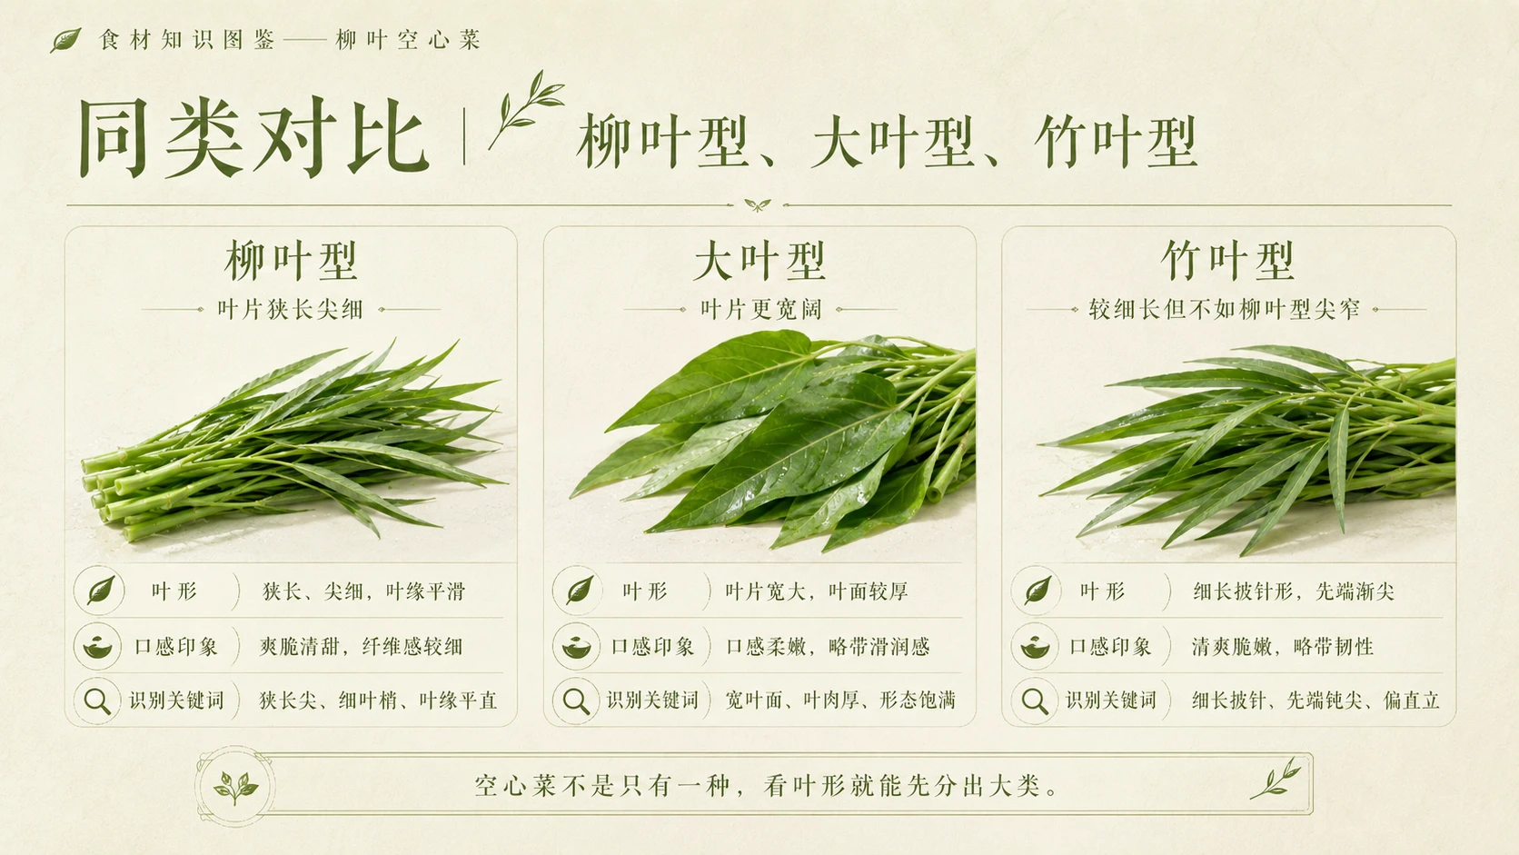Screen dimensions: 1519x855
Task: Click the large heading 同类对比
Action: (x=253, y=137)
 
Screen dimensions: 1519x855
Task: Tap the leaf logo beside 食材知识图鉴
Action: (x=65, y=40)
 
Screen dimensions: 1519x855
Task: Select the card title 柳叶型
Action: (x=291, y=261)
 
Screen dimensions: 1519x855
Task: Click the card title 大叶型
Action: (x=759, y=261)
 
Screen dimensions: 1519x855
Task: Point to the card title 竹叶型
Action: (x=1228, y=261)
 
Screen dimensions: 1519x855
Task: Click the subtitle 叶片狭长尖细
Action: (x=290, y=309)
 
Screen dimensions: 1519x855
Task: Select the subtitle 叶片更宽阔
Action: (x=760, y=309)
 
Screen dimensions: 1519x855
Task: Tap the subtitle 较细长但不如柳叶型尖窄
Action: (x=1225, y=309)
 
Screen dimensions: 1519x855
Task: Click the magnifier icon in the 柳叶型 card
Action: (x=97, y=701)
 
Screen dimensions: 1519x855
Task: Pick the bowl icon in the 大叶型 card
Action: (x=576, y=646)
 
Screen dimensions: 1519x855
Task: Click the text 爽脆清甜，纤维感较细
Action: (x=361, y=646)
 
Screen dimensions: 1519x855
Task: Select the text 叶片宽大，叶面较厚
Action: (x=817, y=592)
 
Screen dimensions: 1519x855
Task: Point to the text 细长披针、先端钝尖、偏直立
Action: (x=1315, y=701)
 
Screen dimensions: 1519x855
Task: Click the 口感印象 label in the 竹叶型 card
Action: (x=1110, y=646)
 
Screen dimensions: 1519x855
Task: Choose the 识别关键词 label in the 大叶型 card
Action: (x=652, y=701)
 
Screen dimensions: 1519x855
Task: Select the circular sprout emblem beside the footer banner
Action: (x=234, y=787)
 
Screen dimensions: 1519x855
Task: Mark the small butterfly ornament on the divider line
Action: (x=758, y=204)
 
